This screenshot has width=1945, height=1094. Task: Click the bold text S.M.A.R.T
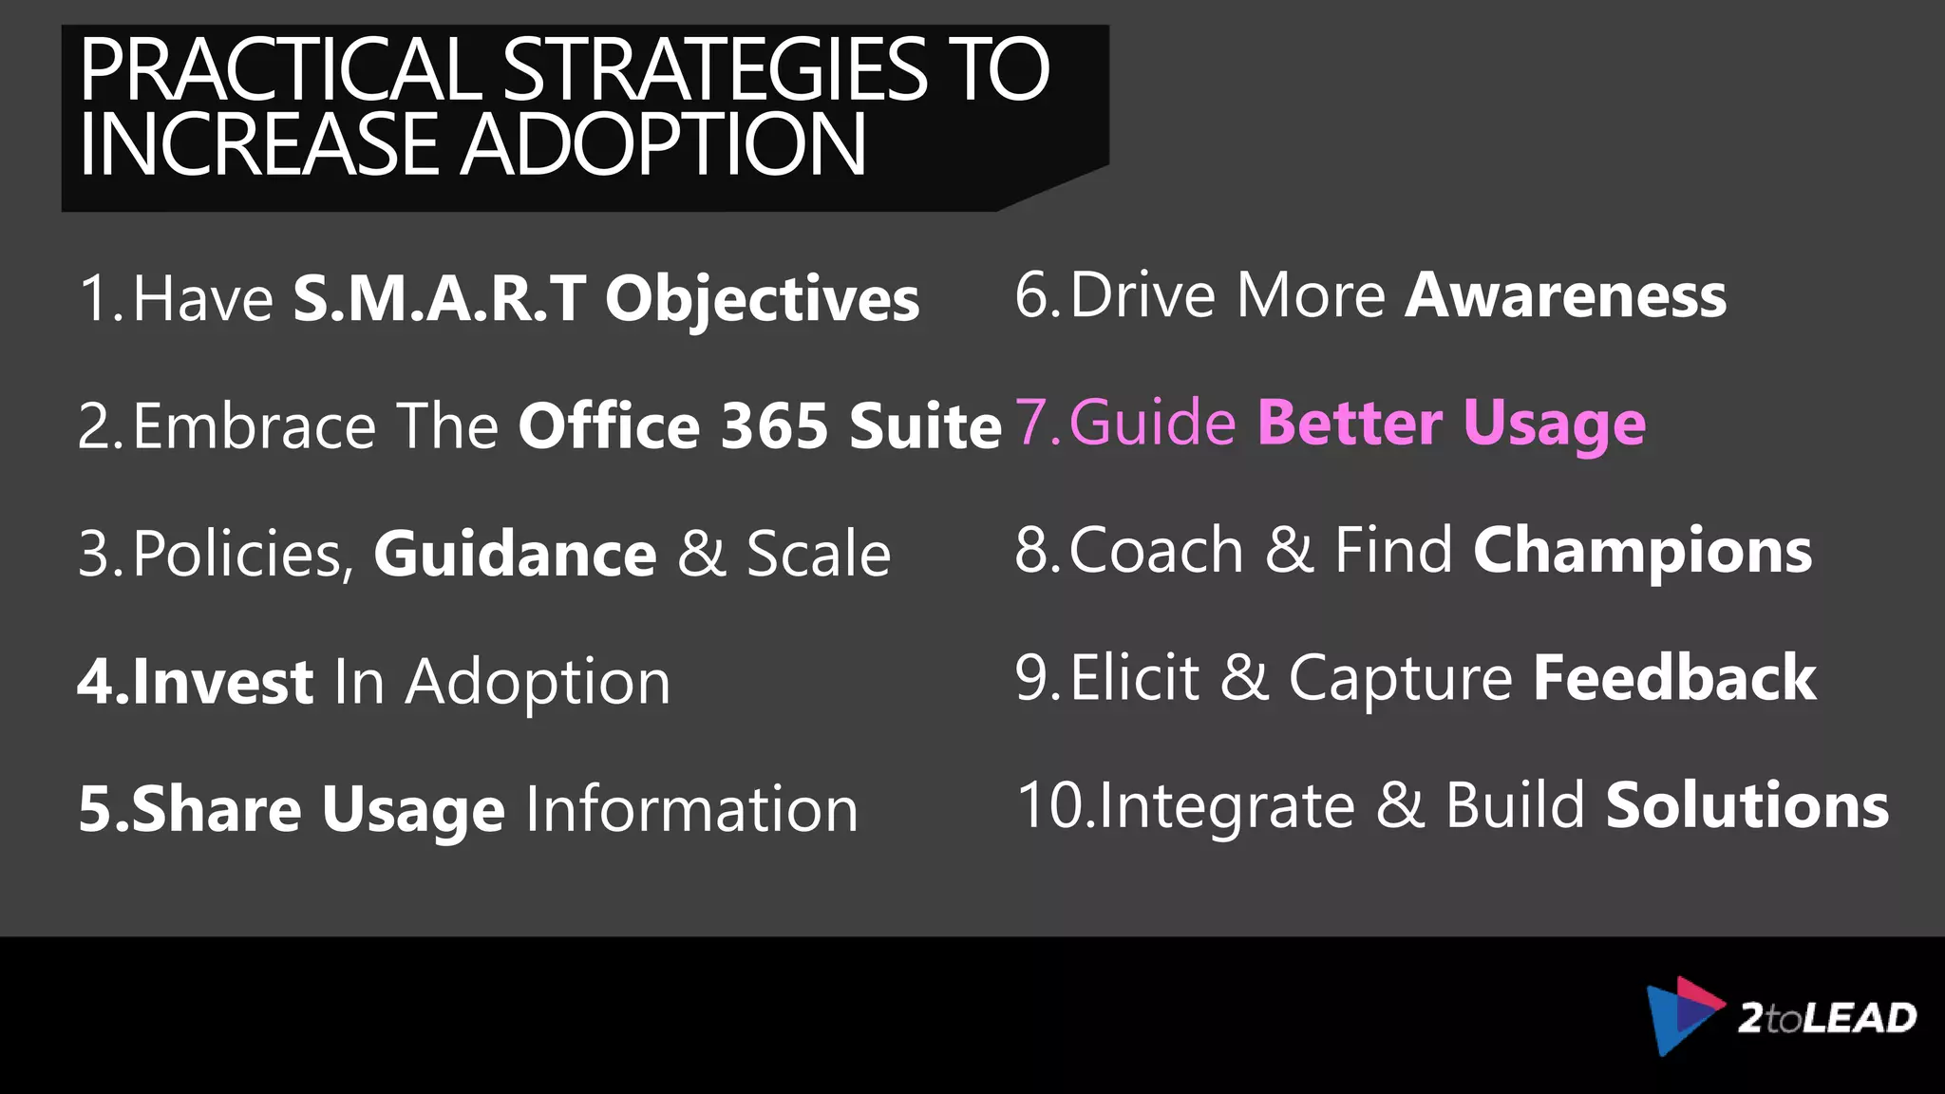point(439,298)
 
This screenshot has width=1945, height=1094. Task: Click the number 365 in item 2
point(774,425)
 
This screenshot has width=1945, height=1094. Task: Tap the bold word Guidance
point(515,554)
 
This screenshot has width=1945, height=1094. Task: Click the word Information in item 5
point(691,809)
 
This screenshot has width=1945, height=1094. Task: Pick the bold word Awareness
point(1566,295)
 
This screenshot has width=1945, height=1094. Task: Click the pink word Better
point(1350,423)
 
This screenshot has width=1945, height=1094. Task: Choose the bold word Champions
point(1642,551)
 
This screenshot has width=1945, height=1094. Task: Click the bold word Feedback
point(1674,678)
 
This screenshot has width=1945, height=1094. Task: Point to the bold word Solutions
point(1747,805)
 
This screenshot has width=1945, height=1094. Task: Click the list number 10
point(1052,805)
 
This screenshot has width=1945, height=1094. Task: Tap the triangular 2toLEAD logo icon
point(1682,1015)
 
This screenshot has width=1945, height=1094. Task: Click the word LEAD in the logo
point(1860,1018)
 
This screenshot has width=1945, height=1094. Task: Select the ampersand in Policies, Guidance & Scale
point(701,554)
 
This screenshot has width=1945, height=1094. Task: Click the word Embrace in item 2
point(255,425)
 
